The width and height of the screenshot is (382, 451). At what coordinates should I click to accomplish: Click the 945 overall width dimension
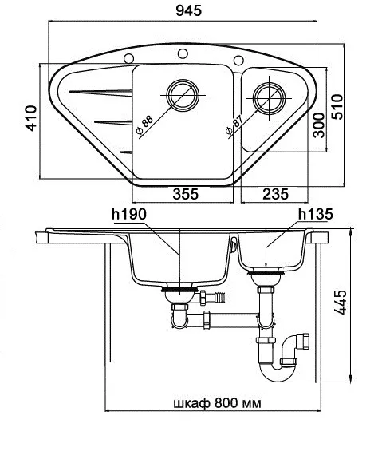point(188,11)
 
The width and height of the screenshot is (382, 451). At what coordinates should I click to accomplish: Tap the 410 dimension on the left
point(31,118)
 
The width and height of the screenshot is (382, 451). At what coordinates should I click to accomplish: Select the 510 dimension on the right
point(337,106)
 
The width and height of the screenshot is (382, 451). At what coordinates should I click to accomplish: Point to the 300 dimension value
point(318,125)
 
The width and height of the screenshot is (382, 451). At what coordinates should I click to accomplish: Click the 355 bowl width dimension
point(185,194)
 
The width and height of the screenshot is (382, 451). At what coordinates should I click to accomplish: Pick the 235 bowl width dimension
point(275,194)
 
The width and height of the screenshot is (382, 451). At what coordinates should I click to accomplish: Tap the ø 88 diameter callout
point(144,125)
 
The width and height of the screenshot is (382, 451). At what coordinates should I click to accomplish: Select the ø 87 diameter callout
point(234,125)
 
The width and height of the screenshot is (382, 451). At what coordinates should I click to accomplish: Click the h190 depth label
point(129,214)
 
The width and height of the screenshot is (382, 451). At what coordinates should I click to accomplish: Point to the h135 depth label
point(315,214)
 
